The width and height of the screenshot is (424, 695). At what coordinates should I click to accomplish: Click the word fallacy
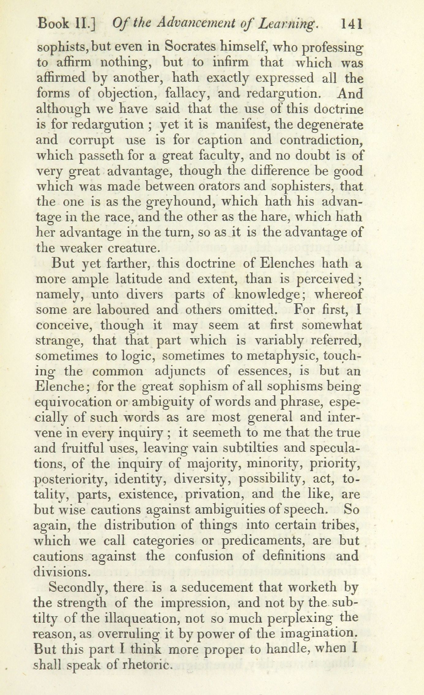pos(187,93)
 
